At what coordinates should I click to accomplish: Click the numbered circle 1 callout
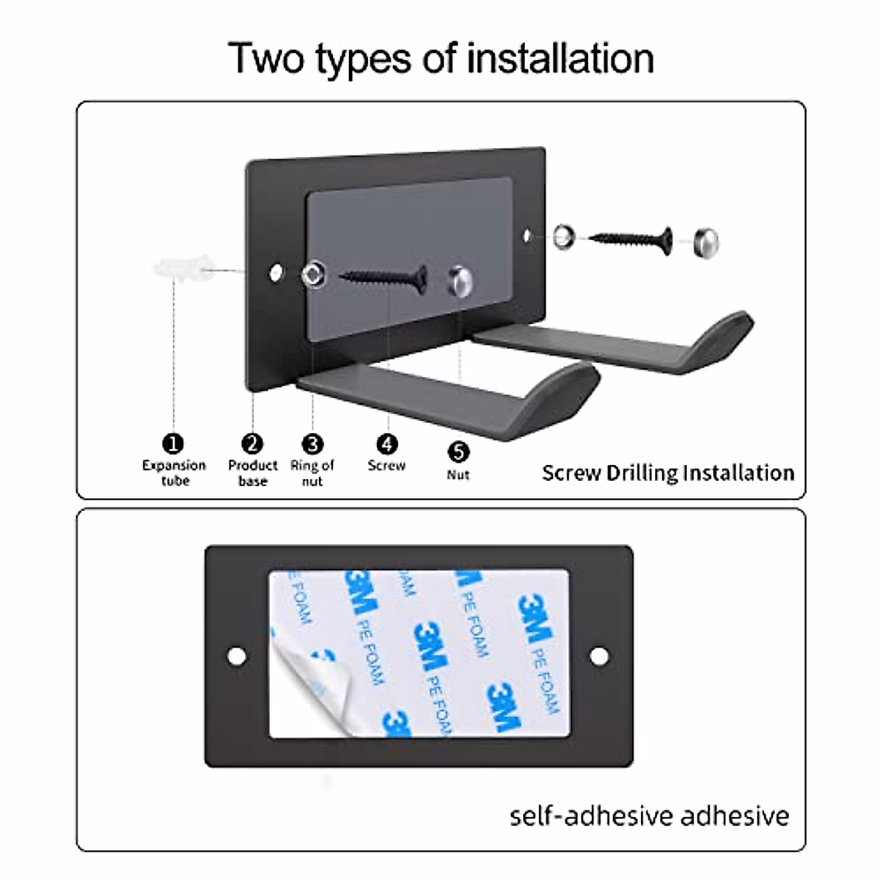pos(173,444)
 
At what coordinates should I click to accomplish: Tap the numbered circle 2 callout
pos(252,444)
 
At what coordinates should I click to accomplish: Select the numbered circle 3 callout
pos(312,444)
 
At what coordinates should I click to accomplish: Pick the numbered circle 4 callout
pos(386,444)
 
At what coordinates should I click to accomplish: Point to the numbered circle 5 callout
pos(458,452)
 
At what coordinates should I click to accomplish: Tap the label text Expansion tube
pos(175,473)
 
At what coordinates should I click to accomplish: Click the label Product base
pos(252,473)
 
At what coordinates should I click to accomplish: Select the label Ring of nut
pos(312,473)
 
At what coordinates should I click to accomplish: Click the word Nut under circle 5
pos(458,474)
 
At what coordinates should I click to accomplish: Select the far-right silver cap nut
pos(705,241)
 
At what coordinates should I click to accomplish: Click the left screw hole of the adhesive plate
pos(237,656)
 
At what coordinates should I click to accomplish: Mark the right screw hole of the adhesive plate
pos(599,656)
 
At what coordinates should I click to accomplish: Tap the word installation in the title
pos(560,59)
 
